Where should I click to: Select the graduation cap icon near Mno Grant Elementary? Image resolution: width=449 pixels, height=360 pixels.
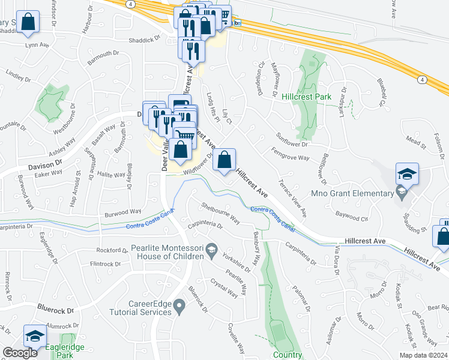click(x=407, y=175)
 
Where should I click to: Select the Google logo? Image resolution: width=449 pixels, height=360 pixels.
click(x=20, y=353)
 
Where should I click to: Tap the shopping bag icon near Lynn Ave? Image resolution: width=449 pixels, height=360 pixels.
click(x=28, y=23)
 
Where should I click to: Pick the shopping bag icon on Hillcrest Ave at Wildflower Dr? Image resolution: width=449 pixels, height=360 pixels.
click(x=224, y=160)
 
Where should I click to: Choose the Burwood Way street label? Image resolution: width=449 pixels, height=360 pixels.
click(x=122, y=212)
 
